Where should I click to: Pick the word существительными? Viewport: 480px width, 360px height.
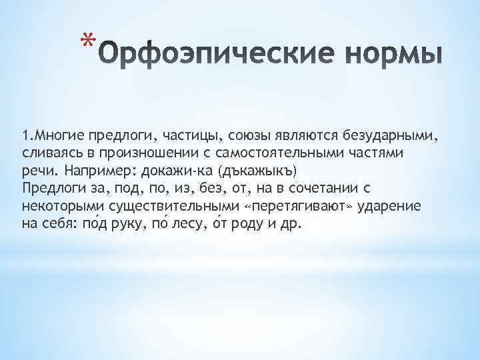coord(157,206)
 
